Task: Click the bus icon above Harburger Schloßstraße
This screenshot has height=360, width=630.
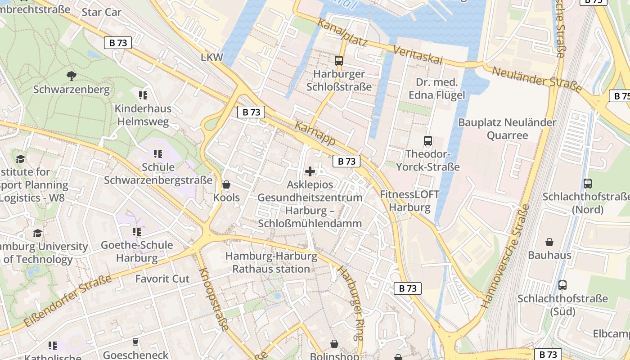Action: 339,60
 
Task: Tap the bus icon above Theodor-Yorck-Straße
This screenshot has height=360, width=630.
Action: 427,141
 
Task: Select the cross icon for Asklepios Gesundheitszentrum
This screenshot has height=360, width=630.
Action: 310,171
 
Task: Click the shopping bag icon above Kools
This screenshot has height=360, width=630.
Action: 226,184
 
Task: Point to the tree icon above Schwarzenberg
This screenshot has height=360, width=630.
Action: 71,76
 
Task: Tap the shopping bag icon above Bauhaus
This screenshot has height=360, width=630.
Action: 549,242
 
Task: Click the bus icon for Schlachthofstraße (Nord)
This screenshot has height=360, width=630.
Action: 587,184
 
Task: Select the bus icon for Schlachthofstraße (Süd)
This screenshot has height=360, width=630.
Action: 562,285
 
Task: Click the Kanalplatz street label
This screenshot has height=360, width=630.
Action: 342,32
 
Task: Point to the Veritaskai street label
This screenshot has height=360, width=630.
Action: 418,54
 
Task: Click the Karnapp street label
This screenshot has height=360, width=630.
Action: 315,133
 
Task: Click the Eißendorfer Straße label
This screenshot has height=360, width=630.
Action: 67,301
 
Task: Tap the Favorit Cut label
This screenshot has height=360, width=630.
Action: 162,279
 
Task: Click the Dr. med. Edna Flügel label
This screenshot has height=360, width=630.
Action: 436,89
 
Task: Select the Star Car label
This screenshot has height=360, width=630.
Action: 102,12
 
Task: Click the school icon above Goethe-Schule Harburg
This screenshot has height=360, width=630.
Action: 137,232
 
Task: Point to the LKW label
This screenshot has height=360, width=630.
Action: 212,57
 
